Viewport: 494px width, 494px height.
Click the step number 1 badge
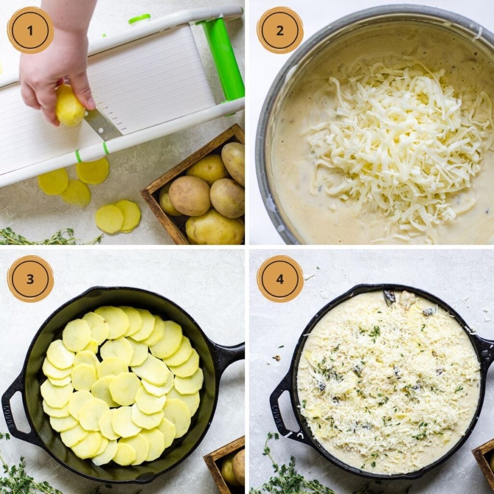tap(30, 30)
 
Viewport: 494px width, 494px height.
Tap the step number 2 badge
tap(280, 30)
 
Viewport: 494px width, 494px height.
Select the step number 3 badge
tap(30, 278)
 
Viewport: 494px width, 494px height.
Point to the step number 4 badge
tap(280, 278)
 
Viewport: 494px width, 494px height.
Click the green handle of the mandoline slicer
tap(223, 58)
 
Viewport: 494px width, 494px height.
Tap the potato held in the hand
tap(69, 106)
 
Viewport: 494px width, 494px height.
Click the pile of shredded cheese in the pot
tap(396, 145)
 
